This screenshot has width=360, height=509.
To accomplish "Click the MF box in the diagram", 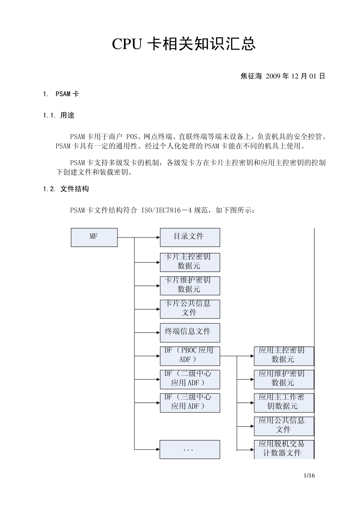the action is [94, 237].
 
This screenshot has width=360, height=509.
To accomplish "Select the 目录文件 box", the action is [189, 237].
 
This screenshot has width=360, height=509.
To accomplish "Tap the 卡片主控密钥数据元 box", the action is [189, 262].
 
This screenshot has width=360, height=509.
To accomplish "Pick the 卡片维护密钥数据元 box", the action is [189, 285].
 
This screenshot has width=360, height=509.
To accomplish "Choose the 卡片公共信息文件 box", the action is [189, 309].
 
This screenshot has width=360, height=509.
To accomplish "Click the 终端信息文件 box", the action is [189, 332].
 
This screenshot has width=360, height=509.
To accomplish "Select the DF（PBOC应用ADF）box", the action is [189, 356].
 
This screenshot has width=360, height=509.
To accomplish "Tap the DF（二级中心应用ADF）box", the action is [189, 379].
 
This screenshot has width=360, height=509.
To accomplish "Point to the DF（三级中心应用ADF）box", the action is [189, 402].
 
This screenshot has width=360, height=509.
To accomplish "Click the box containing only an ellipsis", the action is [189, 450].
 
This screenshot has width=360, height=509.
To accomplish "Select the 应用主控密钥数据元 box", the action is [283, 356].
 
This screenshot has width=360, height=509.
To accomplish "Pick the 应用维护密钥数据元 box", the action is [283, 379].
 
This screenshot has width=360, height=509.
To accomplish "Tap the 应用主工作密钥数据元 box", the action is [283, 402].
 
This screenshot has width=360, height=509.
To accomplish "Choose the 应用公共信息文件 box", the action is [283, 426].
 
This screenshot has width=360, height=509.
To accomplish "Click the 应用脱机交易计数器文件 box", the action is [283, 449].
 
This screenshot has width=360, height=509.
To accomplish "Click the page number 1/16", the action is [309, 476].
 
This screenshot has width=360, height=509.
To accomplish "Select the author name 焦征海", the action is [251, 76].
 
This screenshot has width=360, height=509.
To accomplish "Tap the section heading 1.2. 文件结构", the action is [66, 189].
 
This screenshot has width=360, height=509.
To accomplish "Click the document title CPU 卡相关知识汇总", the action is [184, 44].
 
